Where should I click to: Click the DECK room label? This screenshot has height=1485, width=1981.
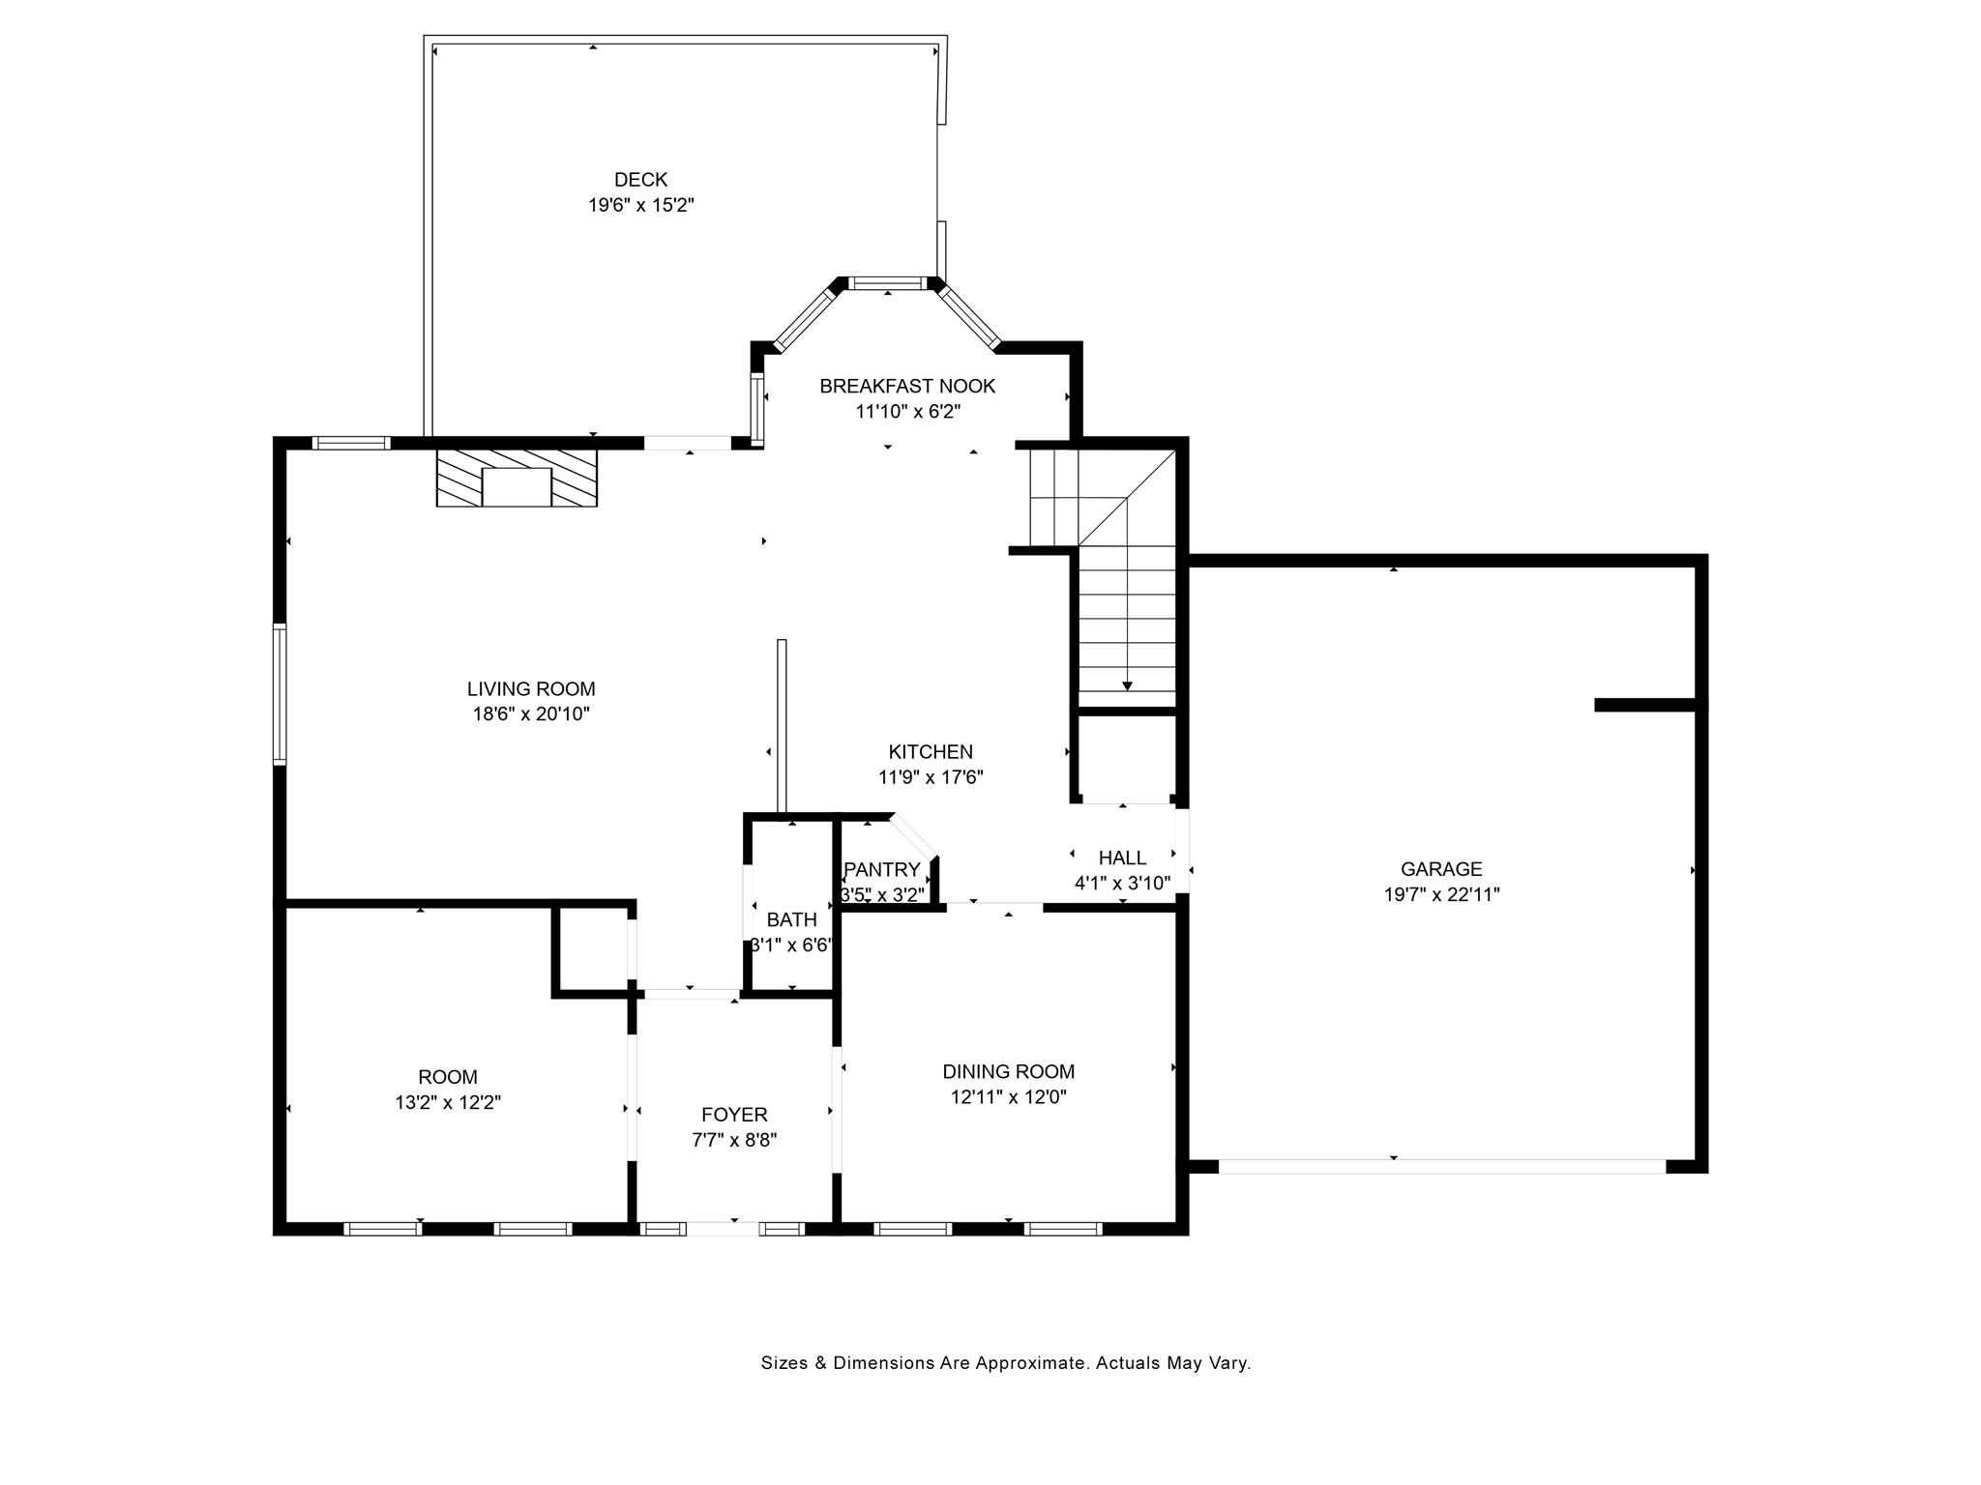click(x=640, y=180)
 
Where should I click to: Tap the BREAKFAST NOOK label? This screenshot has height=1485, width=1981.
click(x=907, y=387)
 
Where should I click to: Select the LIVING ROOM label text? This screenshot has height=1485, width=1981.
click(x=531, y=689)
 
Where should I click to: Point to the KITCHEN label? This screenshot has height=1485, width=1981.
click(x=931, y=752)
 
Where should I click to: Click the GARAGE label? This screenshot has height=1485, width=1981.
click(x=1441, y=869)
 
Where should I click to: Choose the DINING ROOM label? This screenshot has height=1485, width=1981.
click(x=1009, y=1071)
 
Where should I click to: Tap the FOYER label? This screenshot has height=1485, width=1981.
click(x=734, y=1115)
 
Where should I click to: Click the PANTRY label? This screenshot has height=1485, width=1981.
click(x=881, y=870)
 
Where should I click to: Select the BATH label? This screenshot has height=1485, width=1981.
click(x=791, y=919)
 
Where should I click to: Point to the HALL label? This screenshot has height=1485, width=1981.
click(x=1122, y=858)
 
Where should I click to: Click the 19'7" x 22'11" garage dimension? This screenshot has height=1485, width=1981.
click(x=1441, y=895)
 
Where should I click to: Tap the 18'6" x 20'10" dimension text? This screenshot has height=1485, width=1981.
click(x=531, y=714)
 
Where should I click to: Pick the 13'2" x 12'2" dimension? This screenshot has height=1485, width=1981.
click(x=448, y=1102)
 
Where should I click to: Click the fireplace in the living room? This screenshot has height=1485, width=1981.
click(x=517, y=478)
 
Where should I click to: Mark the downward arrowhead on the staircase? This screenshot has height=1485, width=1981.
click(x=1127, y=685)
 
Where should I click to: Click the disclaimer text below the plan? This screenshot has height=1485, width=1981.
click(x=1006, y=1363)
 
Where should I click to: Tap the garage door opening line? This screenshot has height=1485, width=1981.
click(x=1441, y=1166)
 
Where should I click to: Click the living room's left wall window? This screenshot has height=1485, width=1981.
click(x=280, y=694)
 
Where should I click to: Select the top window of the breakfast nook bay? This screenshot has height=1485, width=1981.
click(x=887, y=283)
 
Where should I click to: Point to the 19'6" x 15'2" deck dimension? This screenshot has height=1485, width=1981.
click(x=641, y=205)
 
